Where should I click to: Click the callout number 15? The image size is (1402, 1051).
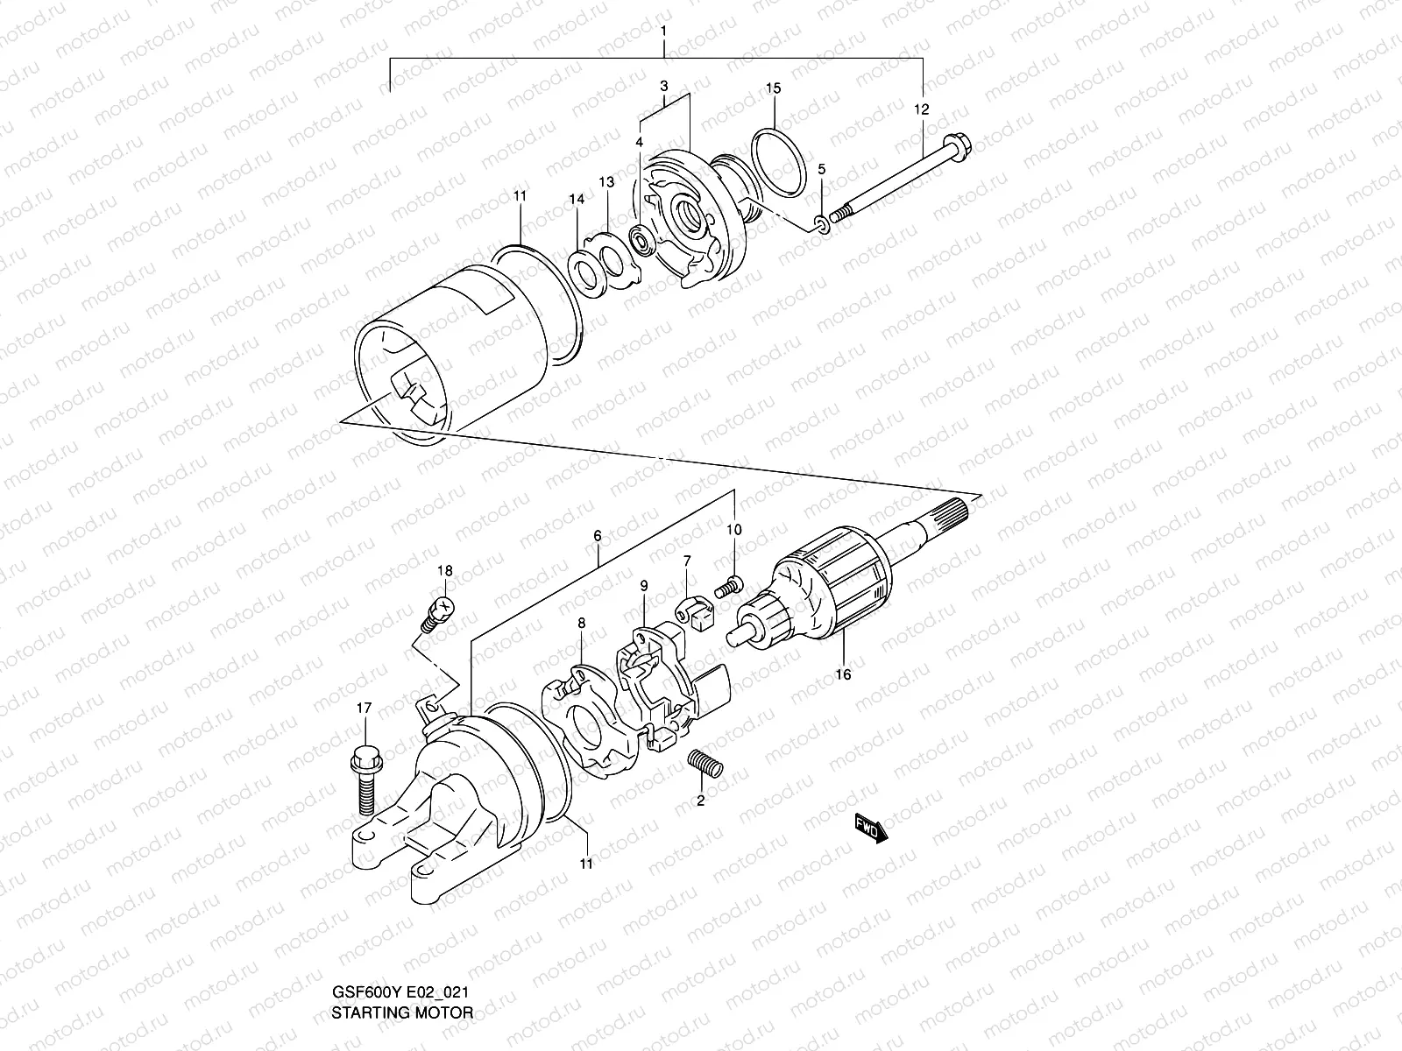[x=773, y=88]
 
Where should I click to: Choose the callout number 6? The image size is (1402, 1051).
[x=597, y=535]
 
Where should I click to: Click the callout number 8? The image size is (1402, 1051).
[x=581, y=623]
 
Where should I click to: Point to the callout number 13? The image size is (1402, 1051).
[x=606, y=181]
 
